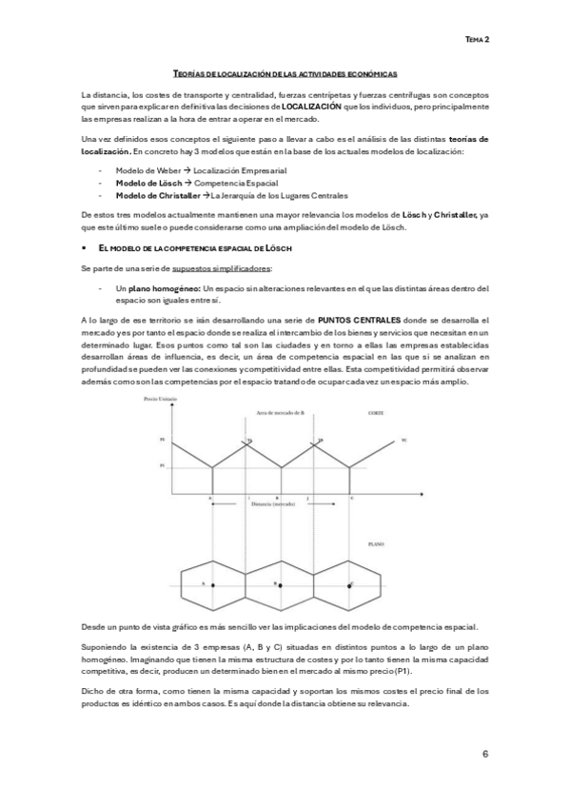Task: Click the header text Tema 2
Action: pos(477,41)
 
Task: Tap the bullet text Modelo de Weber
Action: pos(145,169)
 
